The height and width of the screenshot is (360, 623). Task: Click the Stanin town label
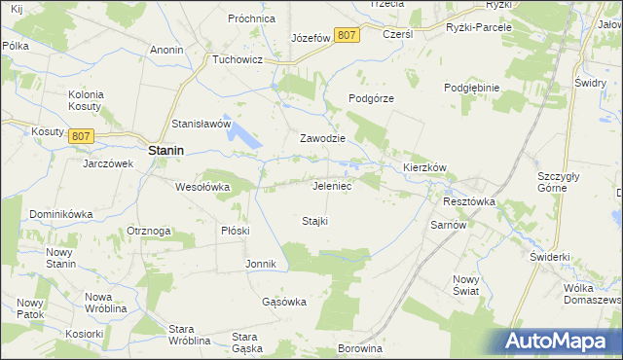[168, 151]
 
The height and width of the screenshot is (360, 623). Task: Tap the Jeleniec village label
[332, 185]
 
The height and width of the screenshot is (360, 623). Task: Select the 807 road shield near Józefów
[346, 35]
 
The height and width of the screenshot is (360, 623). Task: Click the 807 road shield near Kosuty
[81, 136]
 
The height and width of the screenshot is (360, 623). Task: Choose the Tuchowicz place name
[238, 58]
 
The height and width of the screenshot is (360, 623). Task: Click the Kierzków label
[424, 167]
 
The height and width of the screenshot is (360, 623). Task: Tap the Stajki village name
[314, 221]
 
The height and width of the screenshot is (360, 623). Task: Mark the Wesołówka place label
[202, 186]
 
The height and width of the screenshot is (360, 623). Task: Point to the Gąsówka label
[284, 302]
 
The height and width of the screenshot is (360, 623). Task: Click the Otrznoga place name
[149, 231]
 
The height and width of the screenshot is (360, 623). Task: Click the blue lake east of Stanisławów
[247, 139]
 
